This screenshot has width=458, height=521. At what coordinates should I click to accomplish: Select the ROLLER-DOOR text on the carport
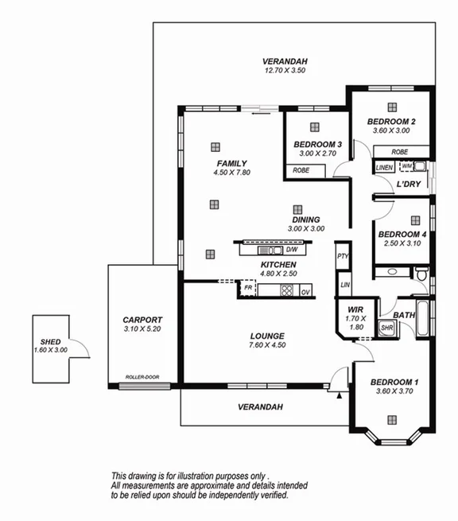[142, 377]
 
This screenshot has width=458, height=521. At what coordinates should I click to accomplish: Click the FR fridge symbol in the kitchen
[248, 288]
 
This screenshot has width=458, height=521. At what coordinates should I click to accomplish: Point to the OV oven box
[305, 292]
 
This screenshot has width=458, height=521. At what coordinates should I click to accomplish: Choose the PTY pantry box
[343, 256]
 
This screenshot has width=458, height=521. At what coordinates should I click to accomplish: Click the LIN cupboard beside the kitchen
[343, 285]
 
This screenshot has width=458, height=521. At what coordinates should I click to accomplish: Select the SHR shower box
[386, 327]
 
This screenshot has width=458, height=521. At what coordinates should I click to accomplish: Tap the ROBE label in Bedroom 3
[301, 170]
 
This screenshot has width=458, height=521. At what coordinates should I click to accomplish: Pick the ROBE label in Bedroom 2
[400, 151]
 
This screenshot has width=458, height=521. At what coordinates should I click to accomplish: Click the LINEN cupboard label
[385, 167]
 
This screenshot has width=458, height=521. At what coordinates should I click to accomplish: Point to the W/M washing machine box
[408, 165]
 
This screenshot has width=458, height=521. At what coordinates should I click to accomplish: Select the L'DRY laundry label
[408, 185]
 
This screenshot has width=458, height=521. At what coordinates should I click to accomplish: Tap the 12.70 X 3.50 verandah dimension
[285, 71]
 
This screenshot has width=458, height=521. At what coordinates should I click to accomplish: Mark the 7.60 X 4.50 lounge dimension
[266, 345]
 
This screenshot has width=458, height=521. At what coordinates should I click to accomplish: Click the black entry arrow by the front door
[340, 394]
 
